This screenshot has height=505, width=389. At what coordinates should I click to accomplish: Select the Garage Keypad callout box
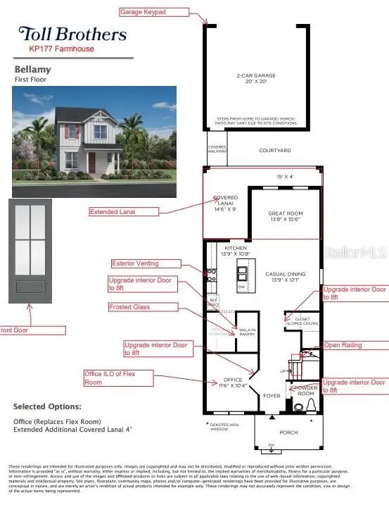tap(154, 12)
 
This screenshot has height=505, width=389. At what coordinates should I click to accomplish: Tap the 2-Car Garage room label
tap(256, 78)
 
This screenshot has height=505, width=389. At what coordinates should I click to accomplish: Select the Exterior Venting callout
tap(145, 263)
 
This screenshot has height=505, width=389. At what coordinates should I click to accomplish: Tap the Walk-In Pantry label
tap(248, 331)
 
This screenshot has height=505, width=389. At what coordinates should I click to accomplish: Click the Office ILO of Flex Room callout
tap(118, 378)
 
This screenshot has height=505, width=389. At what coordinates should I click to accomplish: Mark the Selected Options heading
tap(48, 406)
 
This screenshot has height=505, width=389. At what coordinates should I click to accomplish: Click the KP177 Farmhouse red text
tap(61, 49)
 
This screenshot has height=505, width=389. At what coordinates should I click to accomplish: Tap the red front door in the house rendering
tap(92, 162)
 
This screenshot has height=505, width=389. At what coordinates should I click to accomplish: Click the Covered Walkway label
tap(217, 149)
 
